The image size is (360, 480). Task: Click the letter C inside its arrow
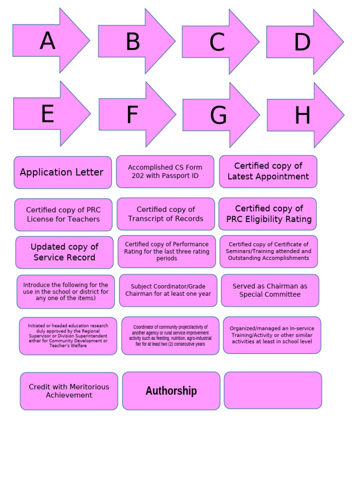tap(217, 42)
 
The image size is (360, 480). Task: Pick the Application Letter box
tap(63, 172)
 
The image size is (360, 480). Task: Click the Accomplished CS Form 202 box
tap(165, 172)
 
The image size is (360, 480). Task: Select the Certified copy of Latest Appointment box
tap(268, 172)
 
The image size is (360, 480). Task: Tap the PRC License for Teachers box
tap(63, 215)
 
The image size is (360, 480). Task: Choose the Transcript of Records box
tap(166, 214)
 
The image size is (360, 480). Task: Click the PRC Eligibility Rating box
tap(268, 214)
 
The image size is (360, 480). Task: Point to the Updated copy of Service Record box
tap(65, 252)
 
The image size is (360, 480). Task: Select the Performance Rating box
tap(167, 252)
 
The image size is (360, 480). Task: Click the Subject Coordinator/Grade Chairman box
tap(168, 291)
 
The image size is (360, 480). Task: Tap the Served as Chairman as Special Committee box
tap(270, 291)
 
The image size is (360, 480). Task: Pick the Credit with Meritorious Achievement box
tap(69, 391)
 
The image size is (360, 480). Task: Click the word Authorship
tap(171, 390)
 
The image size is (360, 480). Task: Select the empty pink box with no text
tap(273, 390)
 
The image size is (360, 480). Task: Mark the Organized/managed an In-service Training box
tap(272, 335)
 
